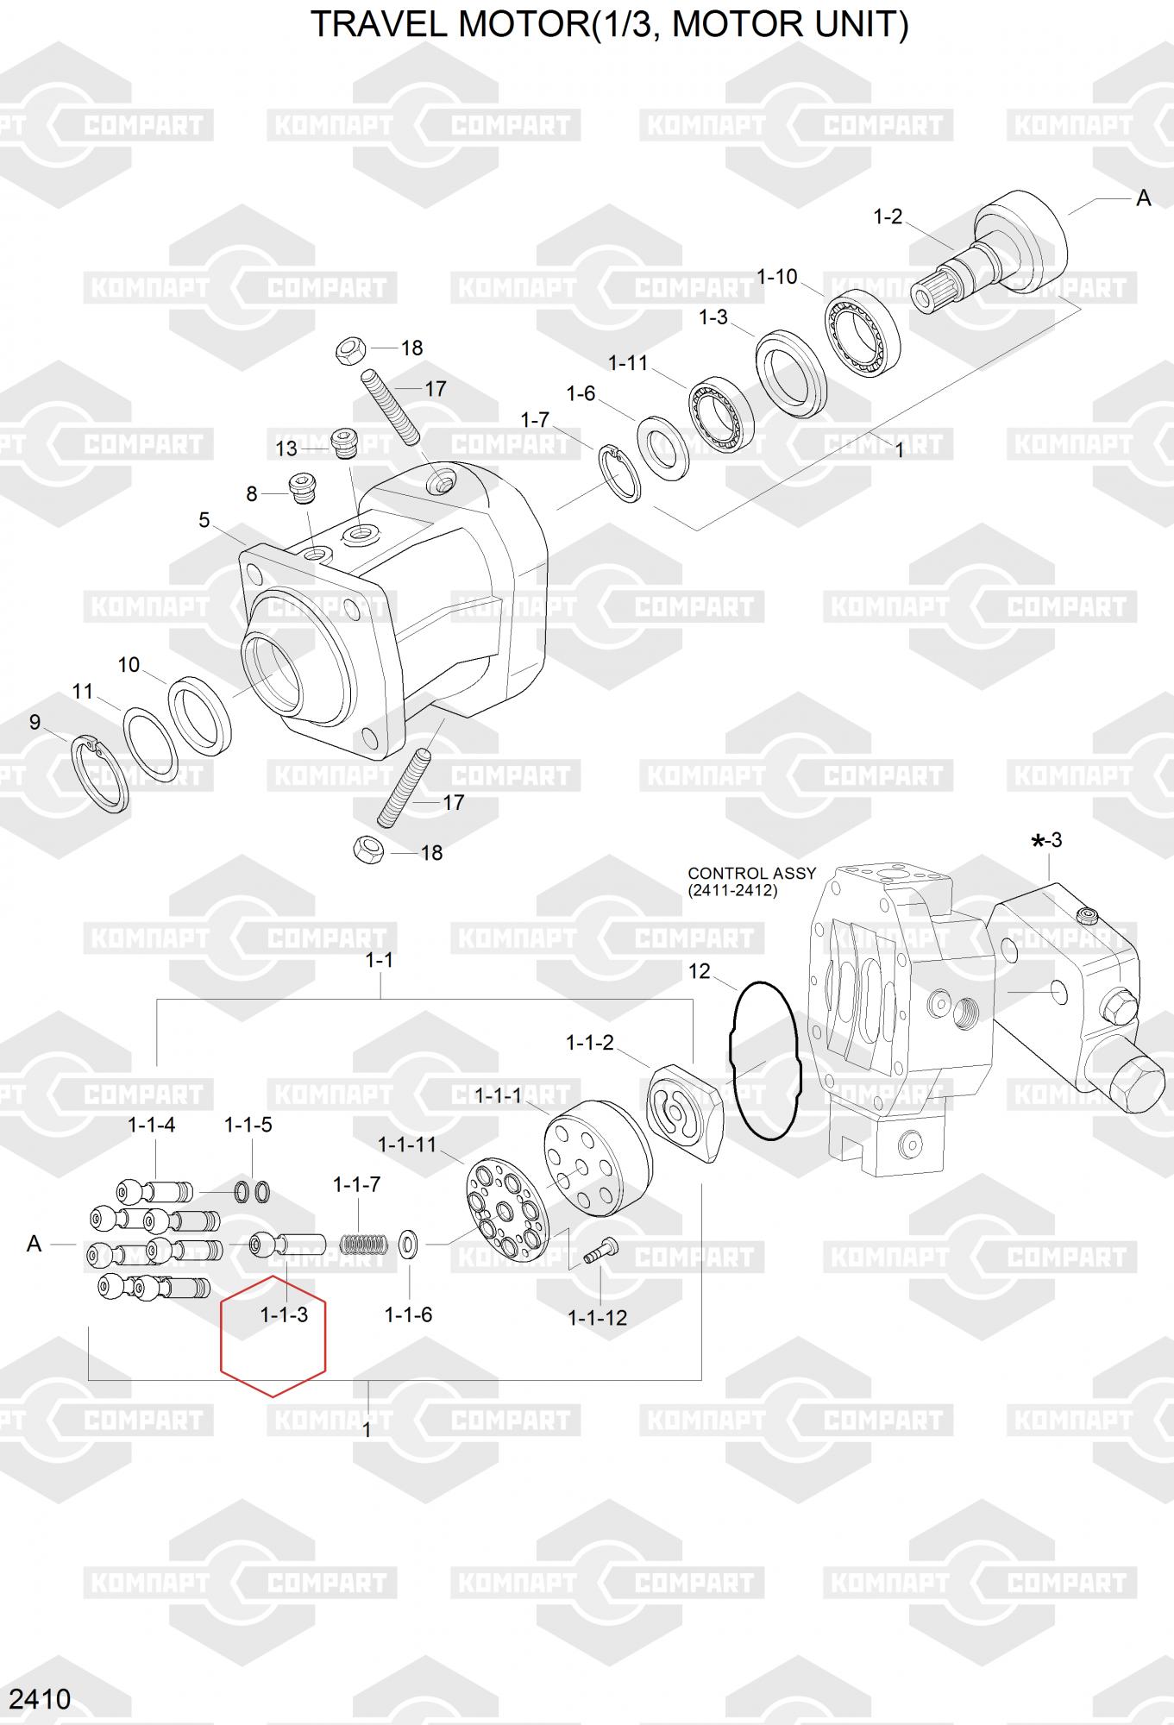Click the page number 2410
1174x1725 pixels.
(x=41, y=1698)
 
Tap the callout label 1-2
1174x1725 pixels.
(x=888, y=216)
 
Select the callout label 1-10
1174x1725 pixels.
(x=777, y=277)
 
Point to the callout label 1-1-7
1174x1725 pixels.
(x=356, y=1184)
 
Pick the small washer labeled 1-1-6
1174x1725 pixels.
(x=409, y=1245)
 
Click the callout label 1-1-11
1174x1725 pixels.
(x=407, y=1145)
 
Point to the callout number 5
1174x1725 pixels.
(x=204, y=520)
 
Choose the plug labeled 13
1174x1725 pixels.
(x=344, y=443)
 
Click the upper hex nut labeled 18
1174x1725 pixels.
(x=350, y=350)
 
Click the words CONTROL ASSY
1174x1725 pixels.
(x=751, y=873)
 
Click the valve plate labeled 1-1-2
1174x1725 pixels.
(x=683, y=1113)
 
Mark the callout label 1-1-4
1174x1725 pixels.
(x=152, y=1125)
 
